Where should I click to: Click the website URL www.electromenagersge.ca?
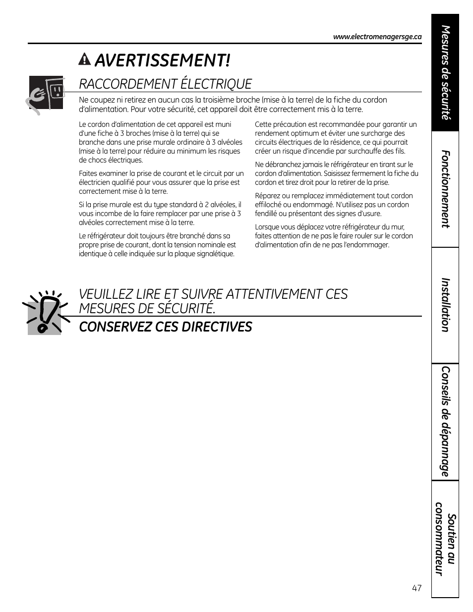point(377,37)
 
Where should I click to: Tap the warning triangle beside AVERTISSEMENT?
point(85,60)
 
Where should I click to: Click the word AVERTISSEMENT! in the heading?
point(162,60)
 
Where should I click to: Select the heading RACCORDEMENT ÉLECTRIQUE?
point(165,84)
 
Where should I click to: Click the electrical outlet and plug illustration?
point(46,94)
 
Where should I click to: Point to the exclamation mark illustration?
point(45,313)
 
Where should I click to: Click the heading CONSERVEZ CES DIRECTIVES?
point(165,327)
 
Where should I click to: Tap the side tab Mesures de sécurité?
point(445,73)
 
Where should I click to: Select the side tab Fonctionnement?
point(445,189)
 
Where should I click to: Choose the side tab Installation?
point(445,305)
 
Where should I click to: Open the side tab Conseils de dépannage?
point(445,421)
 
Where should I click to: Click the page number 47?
point(416,588)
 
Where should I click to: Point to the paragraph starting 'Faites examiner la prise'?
point(161,182)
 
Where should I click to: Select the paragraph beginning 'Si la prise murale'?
point(160,214)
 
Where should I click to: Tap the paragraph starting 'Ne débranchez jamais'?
point(336,173)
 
